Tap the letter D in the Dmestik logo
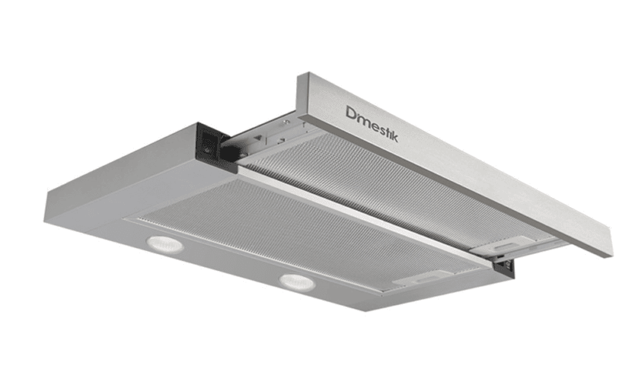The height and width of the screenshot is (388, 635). coord(351,113)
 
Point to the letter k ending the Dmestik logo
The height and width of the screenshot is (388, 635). coord(393,136)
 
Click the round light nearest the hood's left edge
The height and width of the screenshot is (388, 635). coord(165,245)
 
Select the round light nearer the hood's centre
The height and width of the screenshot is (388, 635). coord(297,282)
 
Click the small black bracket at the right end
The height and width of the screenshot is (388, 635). coord(505,266)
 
